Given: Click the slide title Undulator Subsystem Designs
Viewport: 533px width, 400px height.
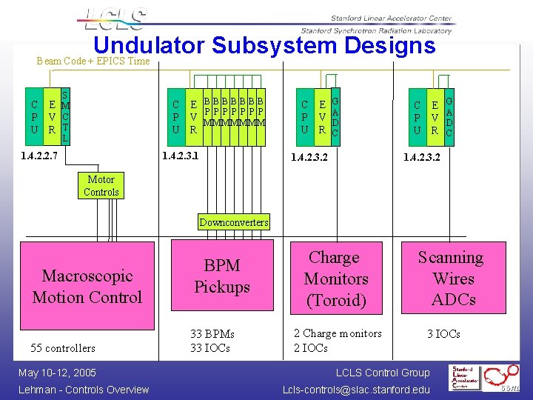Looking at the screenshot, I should (264, 46).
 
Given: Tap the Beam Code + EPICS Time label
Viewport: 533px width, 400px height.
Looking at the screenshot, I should (93, 61).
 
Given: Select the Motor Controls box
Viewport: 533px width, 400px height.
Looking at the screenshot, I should (101, 185).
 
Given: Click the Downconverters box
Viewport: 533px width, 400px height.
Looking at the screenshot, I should (234, 222).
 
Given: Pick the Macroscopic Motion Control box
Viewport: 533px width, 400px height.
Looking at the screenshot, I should (87, 287).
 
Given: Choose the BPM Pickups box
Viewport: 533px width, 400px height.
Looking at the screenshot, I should (222, 276).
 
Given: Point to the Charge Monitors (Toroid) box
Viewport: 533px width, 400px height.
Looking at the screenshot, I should (336, 279).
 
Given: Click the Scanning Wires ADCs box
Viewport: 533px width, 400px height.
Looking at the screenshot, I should (452, 279).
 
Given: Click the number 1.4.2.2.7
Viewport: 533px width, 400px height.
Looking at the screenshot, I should (40, 157).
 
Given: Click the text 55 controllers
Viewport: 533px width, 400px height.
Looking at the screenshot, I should (63, 348).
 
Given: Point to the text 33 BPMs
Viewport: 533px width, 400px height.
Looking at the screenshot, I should (212, 334).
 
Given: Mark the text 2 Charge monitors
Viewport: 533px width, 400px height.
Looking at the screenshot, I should (338, 333).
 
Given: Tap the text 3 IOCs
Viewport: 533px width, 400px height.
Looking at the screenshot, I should (443, 334).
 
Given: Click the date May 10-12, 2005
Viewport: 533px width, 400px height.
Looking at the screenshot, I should (58, 373).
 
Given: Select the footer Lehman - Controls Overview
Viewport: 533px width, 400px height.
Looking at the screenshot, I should (84, 390).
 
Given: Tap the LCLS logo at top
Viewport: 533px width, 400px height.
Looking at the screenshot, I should (117, 19).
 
